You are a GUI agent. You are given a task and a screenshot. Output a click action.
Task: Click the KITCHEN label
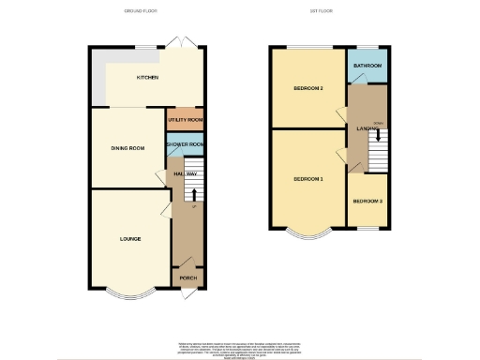[x=146, y=78]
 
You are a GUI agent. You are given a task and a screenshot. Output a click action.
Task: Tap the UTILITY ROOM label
[x=186, y=121]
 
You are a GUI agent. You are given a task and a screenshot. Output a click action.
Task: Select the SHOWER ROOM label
[x=186, y=144]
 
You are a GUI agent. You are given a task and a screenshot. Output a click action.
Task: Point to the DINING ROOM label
[x=127, y=148]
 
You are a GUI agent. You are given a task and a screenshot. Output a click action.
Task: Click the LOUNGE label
[x=130, y=239]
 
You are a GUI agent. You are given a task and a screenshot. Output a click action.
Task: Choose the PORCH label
[x=187, y=278]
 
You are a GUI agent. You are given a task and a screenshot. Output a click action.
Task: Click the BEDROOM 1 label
[x=307, y=178]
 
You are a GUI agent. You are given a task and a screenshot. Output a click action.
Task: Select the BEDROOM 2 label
[x=307, y=89]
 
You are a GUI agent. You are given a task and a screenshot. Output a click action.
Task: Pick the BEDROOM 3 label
[x=367, y=201]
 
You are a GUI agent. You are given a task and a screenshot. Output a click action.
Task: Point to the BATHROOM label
[x=367, y=66]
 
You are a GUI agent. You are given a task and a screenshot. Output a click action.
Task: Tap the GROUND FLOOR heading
[x=141, y=11]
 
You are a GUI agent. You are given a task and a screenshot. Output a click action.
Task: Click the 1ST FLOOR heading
[x=322, y=11]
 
